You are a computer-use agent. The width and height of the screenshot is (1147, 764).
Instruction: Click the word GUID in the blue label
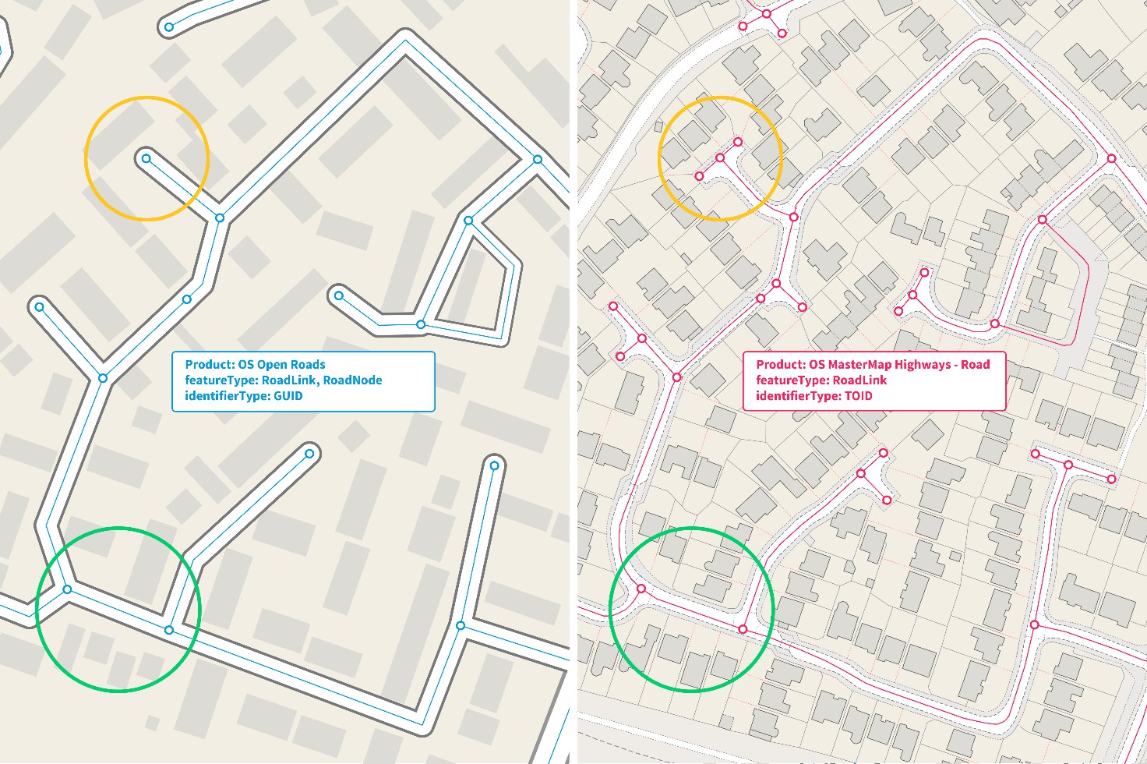click(288, 396)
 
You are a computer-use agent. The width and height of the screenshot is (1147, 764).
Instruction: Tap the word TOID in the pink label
click(857, 396)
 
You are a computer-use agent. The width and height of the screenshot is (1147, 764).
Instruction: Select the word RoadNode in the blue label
click(352, 380)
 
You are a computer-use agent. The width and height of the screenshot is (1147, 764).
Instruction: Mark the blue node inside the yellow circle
click(146, 159)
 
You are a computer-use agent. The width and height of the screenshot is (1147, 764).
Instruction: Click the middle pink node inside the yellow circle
click(720, 158)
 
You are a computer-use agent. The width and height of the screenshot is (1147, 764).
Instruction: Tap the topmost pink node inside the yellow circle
click(737, 142)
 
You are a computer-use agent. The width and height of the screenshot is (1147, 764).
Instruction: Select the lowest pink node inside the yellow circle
click(699, 177)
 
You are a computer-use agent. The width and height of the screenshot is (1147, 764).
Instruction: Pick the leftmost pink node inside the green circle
click(641, 589)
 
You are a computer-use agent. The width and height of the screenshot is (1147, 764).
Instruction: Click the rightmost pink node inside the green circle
click(743, 629)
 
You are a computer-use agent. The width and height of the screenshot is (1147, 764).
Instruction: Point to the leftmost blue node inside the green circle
click(67, 589)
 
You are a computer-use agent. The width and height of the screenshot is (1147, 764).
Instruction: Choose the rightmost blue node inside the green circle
click(169, 630)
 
